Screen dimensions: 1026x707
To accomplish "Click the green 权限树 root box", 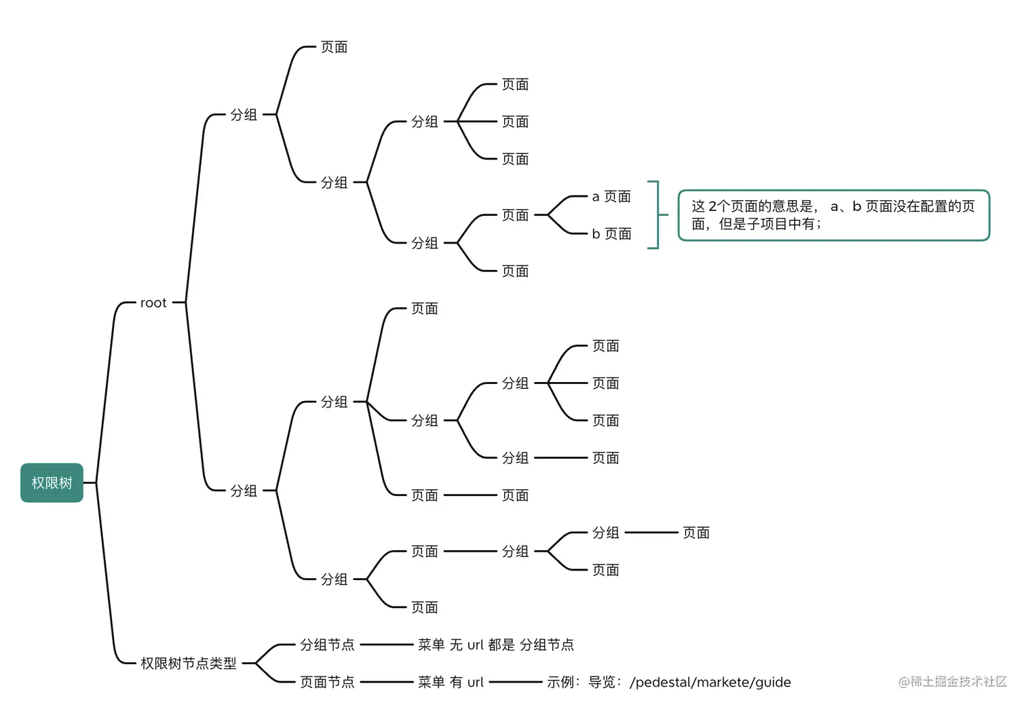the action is (52, 482).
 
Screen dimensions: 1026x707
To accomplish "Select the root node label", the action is (153, 303).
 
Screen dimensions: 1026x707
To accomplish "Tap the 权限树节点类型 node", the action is (188, 663).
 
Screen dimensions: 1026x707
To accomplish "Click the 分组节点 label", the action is (327, 645).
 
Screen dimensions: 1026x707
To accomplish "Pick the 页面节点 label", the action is (327, 682).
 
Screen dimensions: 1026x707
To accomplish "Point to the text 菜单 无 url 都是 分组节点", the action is (496, 645).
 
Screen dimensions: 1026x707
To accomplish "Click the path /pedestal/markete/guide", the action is (710, 682).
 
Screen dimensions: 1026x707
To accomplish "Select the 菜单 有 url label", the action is (451, 682).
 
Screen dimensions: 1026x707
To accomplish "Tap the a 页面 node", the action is (611, 196).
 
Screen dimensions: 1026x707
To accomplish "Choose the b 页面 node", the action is (611, 233).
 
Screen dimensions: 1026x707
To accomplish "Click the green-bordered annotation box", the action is (833, 215).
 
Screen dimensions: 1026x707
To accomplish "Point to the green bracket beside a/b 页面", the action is (656, 215).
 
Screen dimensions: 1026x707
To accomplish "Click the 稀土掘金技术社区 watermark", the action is (953, 681).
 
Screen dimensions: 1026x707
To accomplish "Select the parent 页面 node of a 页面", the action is (515, 215).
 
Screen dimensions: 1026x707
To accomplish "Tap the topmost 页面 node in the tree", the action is (334, 47).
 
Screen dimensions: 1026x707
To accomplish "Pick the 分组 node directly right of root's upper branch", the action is (244, 115).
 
